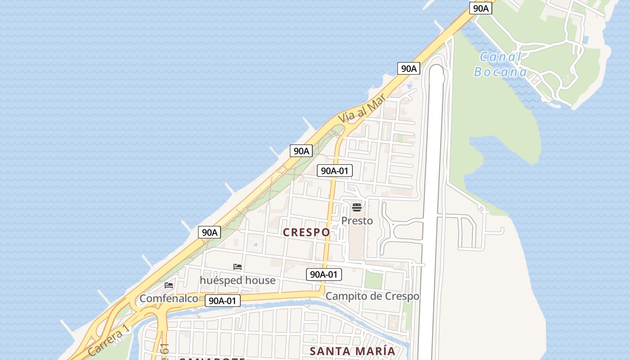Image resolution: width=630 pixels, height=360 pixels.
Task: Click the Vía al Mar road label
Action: point(362,108)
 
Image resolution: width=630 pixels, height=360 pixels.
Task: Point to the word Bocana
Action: point(500,72)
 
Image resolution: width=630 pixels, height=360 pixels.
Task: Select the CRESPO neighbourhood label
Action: point(306,232)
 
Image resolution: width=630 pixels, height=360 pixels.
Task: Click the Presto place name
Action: point(357,220)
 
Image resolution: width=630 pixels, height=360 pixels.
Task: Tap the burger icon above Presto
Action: point(357,207)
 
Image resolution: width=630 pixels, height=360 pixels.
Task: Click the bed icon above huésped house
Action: point(238,267)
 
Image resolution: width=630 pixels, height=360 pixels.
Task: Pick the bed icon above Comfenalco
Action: point(169,285)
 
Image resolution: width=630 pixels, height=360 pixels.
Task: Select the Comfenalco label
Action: point(169,298)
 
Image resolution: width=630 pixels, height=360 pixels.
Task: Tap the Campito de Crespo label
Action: point(372,296)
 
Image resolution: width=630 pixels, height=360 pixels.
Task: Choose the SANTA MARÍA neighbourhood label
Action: point(353,351)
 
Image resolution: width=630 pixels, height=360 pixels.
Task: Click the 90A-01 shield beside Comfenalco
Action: point(223,301)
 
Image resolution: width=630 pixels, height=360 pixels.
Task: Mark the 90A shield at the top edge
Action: point(481,8)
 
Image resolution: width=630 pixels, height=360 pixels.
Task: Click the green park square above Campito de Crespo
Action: point(373,280)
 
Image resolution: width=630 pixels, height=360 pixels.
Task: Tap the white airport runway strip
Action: point(433,202)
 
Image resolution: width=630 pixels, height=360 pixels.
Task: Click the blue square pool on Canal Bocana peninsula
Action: point(585,40)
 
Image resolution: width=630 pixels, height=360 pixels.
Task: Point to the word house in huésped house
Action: point(258,280)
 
